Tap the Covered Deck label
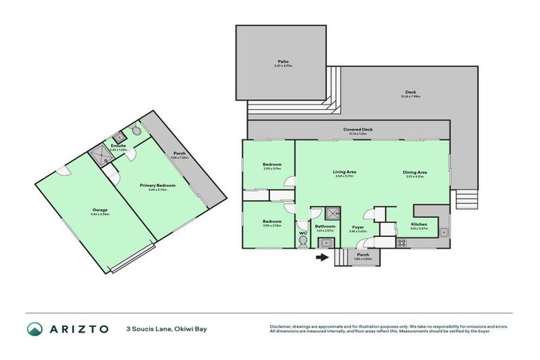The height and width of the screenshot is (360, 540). [358, 129]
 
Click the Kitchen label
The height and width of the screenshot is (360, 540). [419, 224]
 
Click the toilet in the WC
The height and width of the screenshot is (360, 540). [303, 241]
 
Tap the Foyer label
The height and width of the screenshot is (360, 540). [357, 227]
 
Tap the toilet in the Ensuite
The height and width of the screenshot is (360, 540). [135, 129]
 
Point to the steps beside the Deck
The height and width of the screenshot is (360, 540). [464, 200]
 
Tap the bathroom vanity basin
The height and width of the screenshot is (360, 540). [326, 243]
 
